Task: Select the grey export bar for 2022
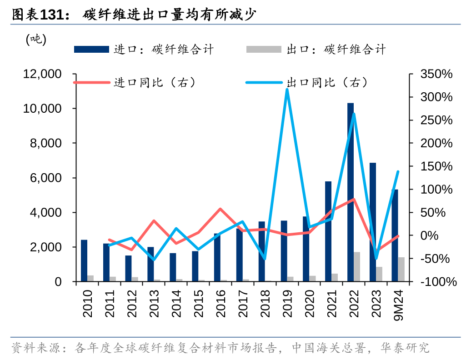coord(357,267)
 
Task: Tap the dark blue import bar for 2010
coord(84,260)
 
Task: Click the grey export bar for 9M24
coord(401,270)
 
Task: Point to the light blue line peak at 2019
coord(287,90)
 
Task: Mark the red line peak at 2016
coord(220,209)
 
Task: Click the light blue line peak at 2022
coord(354,114)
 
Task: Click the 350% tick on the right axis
coord(436,74)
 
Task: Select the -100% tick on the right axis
coord(438,282)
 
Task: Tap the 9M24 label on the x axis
coord(399,305)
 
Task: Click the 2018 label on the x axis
coord(265,302)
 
